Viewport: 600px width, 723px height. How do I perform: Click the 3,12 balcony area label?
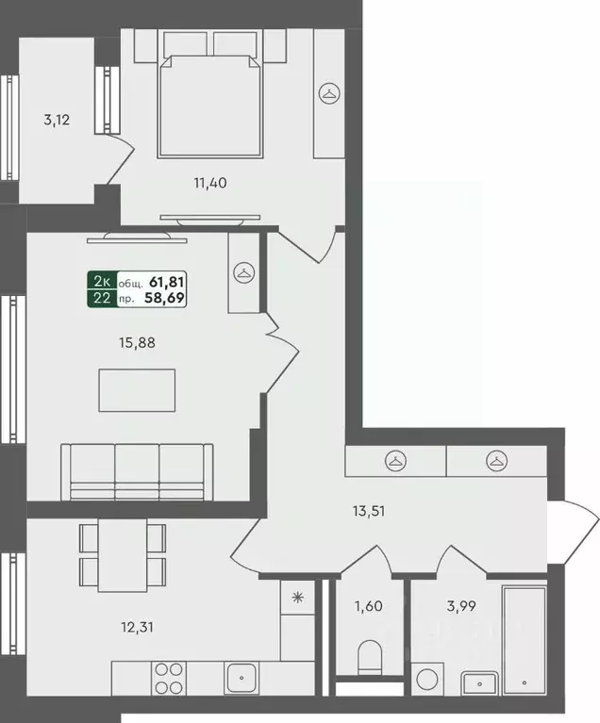(x=57, y=121)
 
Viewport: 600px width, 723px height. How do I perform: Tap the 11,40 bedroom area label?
(x=210, y=183)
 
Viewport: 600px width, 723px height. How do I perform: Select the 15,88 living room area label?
(x=137, y=343)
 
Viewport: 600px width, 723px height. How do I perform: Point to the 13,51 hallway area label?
(x=369, y=511)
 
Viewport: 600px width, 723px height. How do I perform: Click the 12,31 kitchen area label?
(x=137, y=627)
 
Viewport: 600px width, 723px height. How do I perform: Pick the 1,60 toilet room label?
(x=368, y=606)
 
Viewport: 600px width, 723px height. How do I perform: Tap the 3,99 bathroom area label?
(x=461, y=606)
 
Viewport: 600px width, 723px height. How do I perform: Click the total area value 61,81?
(x=167, y=281)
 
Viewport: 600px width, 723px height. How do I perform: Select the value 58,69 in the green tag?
(x=165, y=298)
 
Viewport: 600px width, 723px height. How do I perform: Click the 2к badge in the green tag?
(x=102, y=281)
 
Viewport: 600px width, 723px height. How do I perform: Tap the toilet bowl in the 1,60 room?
(x=370, y=657)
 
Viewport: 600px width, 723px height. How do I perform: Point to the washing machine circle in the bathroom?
(x=427, y=680)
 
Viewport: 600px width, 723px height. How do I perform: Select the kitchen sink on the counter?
(x=242, y=678)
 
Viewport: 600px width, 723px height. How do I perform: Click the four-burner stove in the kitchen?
(x=169, y=679)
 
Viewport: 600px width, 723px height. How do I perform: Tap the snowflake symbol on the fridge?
(x=298, y=598)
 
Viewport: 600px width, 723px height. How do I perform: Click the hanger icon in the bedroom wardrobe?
(x=329, y=93)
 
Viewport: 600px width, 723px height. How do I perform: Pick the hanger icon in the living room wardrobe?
(x=244, y=273)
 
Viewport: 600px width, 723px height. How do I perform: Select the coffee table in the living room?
(x=137, y=390)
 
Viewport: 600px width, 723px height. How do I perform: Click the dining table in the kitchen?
(x=123, y=555)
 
